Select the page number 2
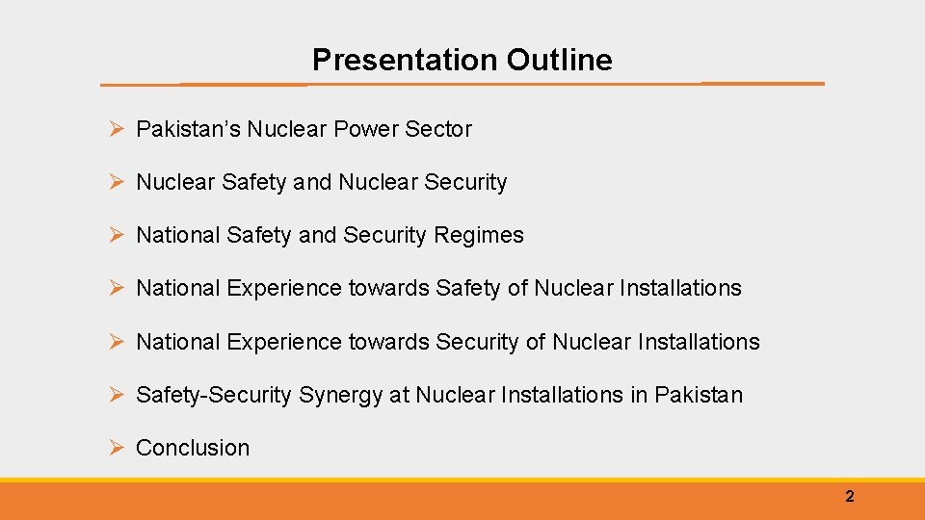click(x=849, y=497)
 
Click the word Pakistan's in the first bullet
click(x=188, y=129)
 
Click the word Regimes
click(x=479, y=235)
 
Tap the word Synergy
click(x=340, y=395)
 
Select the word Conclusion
click(x=193, y=448)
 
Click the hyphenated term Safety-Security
click(x=213, y=395)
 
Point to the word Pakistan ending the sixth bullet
click(x=699, y=395)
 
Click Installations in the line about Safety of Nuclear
click(x=680, y=288)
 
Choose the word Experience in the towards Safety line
click(x=284, y=288)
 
